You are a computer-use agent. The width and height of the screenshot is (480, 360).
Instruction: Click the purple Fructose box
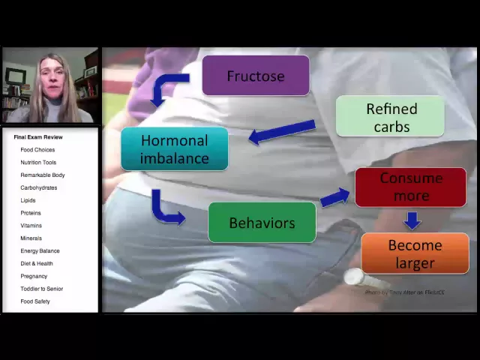[255, 76]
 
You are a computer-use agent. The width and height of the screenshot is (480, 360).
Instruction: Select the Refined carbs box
[390, 117]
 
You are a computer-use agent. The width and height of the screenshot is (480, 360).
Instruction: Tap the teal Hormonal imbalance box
[174, 148]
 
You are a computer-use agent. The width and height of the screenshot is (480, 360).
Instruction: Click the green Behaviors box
[262, 223]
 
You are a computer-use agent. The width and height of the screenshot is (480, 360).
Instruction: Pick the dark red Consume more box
[410, 187]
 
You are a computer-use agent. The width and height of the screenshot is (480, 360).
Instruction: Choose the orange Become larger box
[415, 253]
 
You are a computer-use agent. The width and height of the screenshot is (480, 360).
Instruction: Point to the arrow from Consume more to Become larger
[411, 220]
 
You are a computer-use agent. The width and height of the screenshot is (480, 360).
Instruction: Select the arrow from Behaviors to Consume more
[334, 197]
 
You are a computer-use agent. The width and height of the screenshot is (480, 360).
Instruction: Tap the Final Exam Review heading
[38, 137]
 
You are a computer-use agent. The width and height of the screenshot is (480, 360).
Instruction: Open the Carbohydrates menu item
[39, 187]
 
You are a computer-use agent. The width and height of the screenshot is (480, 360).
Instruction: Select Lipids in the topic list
[28, 200]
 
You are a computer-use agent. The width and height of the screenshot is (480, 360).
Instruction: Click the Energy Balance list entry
[40, 250]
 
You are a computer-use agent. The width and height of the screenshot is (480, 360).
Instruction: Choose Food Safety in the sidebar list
[35, 301]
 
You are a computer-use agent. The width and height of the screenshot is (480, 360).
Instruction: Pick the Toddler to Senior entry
[42, 289]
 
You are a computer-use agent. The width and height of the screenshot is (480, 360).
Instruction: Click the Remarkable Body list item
[43, 175]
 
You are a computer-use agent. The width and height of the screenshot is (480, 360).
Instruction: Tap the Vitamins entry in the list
[31, 226]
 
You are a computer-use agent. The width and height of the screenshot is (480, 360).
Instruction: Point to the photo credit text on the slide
[405, 292]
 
